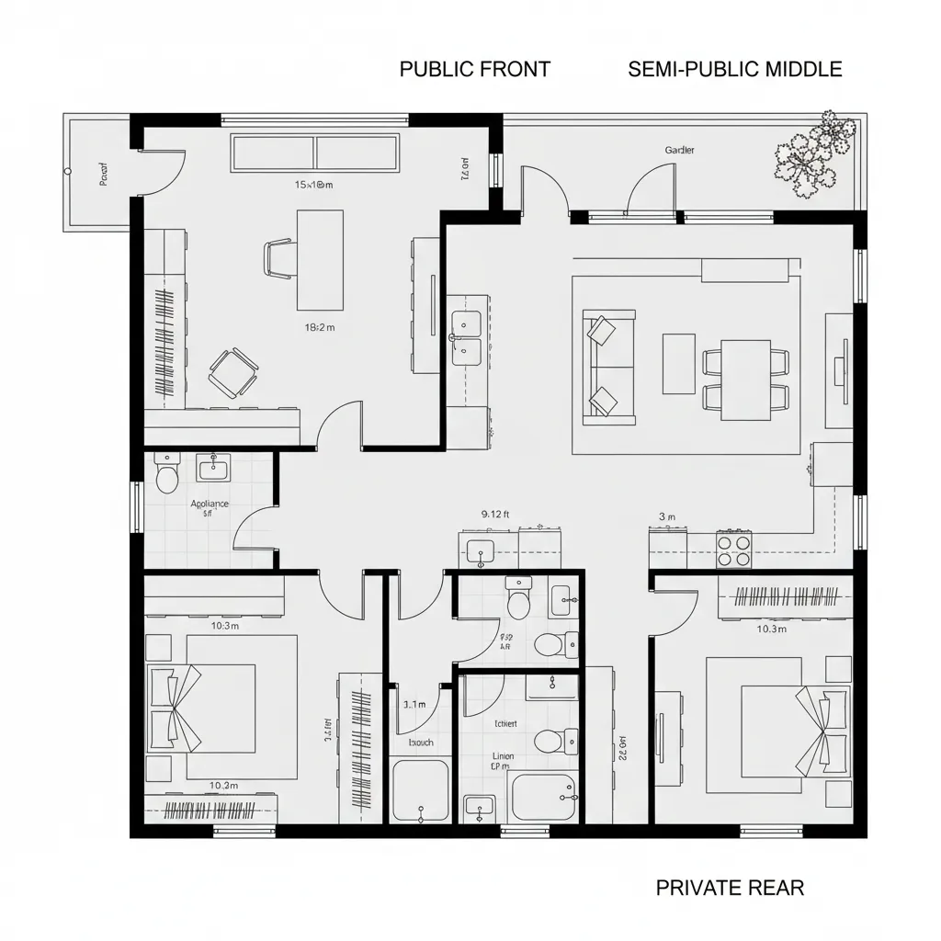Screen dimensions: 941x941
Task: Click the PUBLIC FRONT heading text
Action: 475,69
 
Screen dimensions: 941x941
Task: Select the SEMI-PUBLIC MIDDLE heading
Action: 735,69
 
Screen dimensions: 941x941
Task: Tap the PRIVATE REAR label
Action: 730,888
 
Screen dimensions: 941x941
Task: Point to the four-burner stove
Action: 734,550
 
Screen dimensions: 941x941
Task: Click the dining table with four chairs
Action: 745,380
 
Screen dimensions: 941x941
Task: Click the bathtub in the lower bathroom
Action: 543,797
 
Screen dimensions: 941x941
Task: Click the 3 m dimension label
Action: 667,516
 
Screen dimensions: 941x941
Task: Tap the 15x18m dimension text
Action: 313,185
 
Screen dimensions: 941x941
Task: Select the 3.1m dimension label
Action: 414,705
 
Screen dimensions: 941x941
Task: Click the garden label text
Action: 679,150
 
